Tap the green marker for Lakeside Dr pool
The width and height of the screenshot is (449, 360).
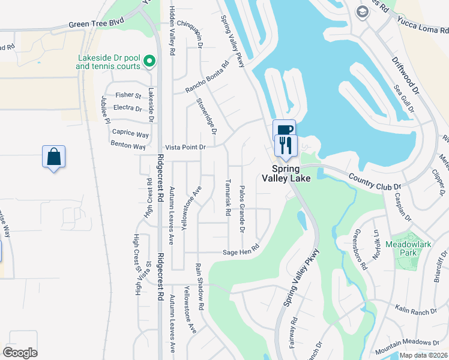pos(149,61)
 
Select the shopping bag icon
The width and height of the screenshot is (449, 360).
pos(53,157)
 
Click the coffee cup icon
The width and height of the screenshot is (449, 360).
pos(285,130)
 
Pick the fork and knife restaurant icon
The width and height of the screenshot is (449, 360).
pos(285,145)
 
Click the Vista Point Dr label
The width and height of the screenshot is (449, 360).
pos(185,147)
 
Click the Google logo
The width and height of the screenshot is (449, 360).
pos(20,353)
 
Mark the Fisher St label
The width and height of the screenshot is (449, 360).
pos(128,95)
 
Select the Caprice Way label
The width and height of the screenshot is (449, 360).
pos(130,134)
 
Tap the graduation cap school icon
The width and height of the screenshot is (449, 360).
pos(362,11)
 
